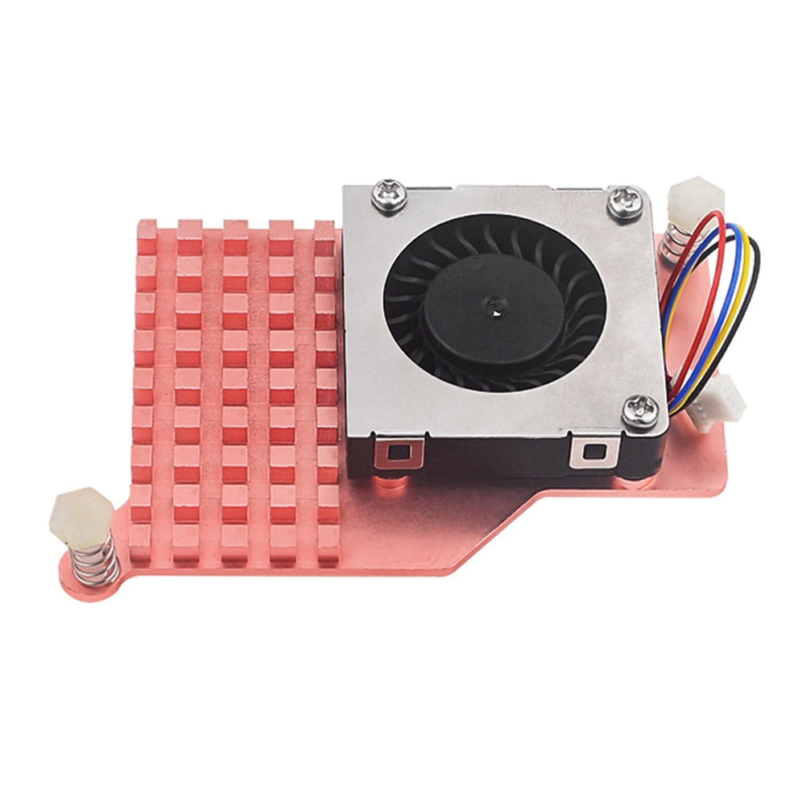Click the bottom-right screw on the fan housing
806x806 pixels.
(642, 411)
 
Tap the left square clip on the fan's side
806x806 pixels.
(397, 452)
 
